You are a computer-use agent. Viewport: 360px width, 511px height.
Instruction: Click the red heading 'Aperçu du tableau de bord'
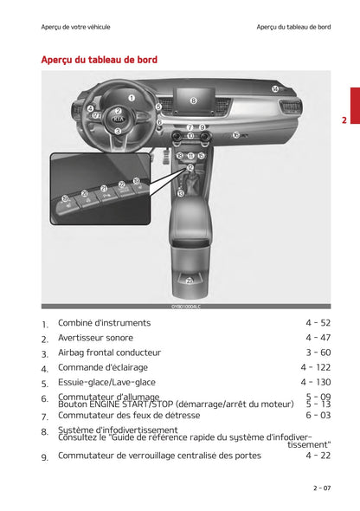click(99, 60)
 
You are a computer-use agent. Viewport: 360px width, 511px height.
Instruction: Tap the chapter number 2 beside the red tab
click(344, 120)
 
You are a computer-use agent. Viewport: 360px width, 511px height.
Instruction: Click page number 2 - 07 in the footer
click(321, 488)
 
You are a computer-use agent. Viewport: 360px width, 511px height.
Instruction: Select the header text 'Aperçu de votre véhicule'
click(76, 27)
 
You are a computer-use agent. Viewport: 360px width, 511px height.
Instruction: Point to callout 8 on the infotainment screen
click(193, 101)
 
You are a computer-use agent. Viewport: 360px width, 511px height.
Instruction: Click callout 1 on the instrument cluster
click(132, 98)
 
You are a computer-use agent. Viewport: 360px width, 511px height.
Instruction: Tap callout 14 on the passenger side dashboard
click(274, 89)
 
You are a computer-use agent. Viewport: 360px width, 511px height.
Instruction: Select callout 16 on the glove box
click(235, 135)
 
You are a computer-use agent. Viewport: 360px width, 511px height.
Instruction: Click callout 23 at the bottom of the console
click(190, 281)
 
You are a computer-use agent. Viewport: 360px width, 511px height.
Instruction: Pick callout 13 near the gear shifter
click(180, 193)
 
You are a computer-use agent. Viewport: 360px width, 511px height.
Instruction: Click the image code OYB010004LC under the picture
click(185, 307)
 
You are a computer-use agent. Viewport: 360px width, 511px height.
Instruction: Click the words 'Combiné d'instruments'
click(104, 323)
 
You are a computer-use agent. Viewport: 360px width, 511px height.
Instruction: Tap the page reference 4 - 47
click(318, 338)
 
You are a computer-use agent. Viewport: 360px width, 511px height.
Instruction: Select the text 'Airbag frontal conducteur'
click(109, 353)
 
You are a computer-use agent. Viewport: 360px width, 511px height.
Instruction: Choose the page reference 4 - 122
click(316, 367)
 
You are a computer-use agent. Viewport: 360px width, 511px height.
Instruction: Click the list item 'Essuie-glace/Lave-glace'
click(106, 382)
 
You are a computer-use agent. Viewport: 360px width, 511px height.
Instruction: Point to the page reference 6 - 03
click(318, 415)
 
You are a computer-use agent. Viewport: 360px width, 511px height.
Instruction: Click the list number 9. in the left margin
click(44, 456)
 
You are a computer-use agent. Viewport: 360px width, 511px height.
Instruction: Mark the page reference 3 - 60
click(318, 353)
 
